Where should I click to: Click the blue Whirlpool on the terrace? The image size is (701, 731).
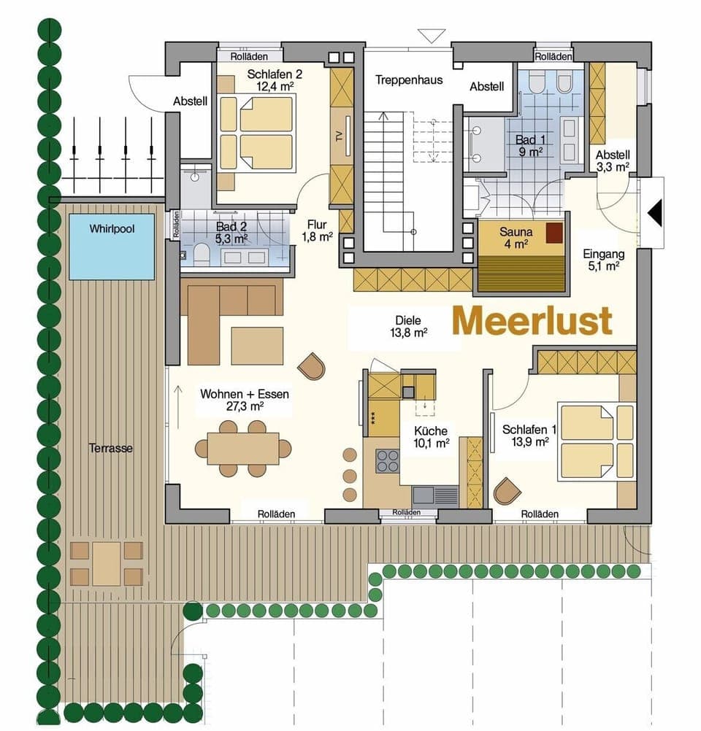(112, 246)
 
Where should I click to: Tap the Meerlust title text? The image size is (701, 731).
(532, 321)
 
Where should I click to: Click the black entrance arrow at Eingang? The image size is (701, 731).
(655, 213)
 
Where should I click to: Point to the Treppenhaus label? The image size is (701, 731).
(409, 80)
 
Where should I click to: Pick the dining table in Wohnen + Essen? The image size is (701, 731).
(242, 448)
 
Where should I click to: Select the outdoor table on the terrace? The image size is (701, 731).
(107, 562)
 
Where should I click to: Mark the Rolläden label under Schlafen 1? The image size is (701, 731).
(540, 514)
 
